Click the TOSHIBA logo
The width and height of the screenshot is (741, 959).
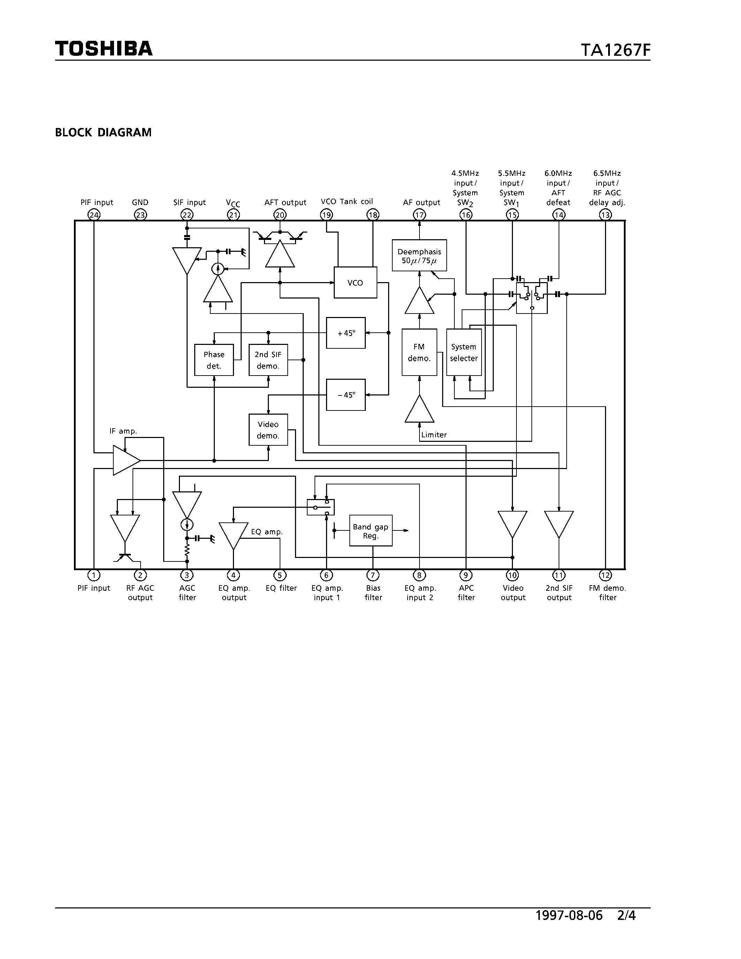point(104,49)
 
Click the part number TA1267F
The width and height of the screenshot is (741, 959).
point(615,50)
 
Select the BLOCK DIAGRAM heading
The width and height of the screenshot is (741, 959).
point(103,133)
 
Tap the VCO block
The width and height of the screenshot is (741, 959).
point(355,283)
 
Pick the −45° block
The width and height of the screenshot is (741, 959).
point(346,395)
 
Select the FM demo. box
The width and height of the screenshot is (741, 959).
point(419,353)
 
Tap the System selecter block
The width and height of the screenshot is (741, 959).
point(463,353)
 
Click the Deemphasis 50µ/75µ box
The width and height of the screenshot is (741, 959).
point(419,256)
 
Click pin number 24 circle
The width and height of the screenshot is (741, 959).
point(94,215)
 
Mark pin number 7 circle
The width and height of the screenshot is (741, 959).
point(373,575)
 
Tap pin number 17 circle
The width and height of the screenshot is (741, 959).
point(419,215)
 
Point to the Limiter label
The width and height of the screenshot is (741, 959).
point(434,435)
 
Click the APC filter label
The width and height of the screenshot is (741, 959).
point(466,593)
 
